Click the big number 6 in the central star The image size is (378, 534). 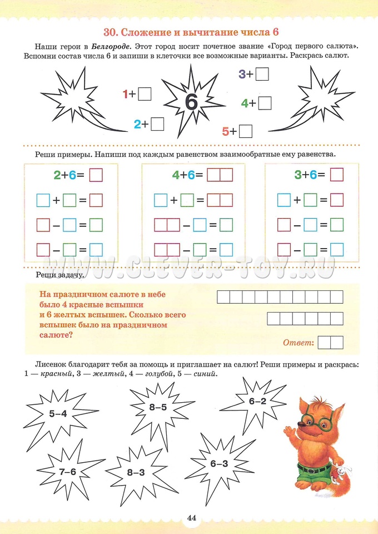[190, 101]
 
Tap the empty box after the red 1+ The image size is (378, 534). [145, 94]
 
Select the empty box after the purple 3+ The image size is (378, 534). [262, 74]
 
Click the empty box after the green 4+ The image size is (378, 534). [265, 103]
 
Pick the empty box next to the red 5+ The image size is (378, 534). [246, 131]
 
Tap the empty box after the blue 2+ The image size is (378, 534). [157, 124]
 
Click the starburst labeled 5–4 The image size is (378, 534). [57, 413]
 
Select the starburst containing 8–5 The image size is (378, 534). [158, 407]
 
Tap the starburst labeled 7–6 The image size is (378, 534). [67, 472]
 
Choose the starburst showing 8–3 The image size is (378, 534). [135, 472]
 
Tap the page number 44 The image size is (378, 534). [192, 518]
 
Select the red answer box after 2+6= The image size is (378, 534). [96, 175]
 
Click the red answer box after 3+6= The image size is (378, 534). [337, 175]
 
